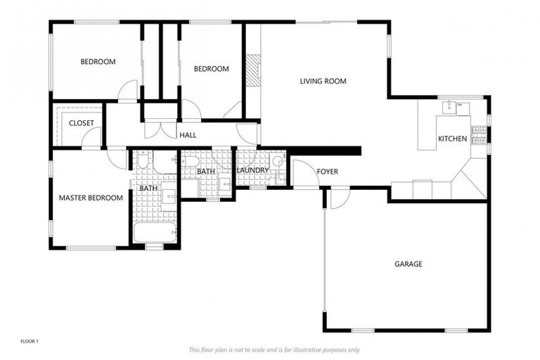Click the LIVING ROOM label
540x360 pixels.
pyautogui.click(x=323, y=82)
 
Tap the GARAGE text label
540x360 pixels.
pyautogui.click(x=408, y=264)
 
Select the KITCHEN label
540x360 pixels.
pyautogui.click(x=452, y=139)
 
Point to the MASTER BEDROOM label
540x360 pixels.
pyautogui.click(x=91, y=198)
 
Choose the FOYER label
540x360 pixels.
pyautogui.click(x=327, y=172)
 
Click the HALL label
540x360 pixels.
pyautogui.click(x=188, y=135)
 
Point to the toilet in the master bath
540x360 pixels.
pyautogui.click(x=142, y=161)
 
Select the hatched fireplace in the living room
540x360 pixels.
pyautogui.click(x=253, y=70)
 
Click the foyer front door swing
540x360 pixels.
pyautogui.click(x=304, y=174)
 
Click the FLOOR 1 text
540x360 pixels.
pyautogui.click(x=29, y=342)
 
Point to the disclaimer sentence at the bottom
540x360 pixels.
pyautogui.click(x=274, y=349)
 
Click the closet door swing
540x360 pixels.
pyautogui.click(x=91, y=139)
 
